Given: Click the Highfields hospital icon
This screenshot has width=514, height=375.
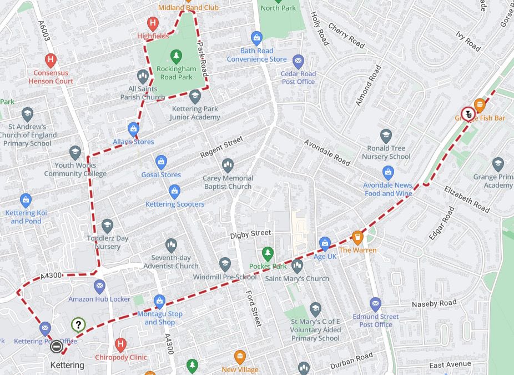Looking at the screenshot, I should [x=153, y=23].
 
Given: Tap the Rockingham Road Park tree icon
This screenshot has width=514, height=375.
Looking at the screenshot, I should [x=176, y=56].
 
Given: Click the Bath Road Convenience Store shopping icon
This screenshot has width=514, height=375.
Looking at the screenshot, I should [x=256, y=38].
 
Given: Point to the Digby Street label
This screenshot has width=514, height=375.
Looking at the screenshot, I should [x=251, y=234].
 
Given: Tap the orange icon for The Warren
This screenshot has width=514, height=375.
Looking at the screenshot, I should [x=357, y=237].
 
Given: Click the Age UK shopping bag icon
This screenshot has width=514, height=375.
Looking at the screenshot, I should [x=325, y=243].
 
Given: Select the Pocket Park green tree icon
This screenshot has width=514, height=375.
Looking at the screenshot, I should [x=268, y=254].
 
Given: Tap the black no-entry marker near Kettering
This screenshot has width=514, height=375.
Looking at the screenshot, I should [x=56, y=347].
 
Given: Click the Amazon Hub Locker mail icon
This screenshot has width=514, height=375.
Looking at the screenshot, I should [x=99, y=287].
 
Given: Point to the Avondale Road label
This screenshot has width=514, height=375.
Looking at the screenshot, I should [x=327, y=152].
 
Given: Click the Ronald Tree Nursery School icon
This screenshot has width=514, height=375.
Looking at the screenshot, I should [x=386, y=136].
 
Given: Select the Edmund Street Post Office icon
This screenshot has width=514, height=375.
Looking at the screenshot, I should [x=375, y=304].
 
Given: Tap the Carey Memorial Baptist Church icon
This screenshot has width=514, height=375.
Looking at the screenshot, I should [x=228, y=166].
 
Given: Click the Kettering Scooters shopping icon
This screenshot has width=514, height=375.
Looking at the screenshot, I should [x=174, y=192].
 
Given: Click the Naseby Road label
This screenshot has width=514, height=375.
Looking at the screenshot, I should [x=434, y=303].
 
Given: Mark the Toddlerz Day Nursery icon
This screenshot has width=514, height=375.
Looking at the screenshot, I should [x=107, y=226].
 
